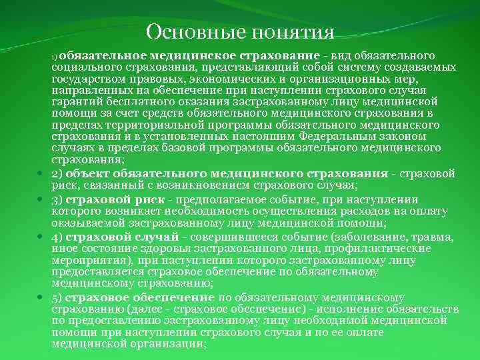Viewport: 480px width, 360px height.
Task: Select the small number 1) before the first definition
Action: click(x=55, y=55)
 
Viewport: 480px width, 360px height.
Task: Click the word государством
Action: click(x=85, y=78)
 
